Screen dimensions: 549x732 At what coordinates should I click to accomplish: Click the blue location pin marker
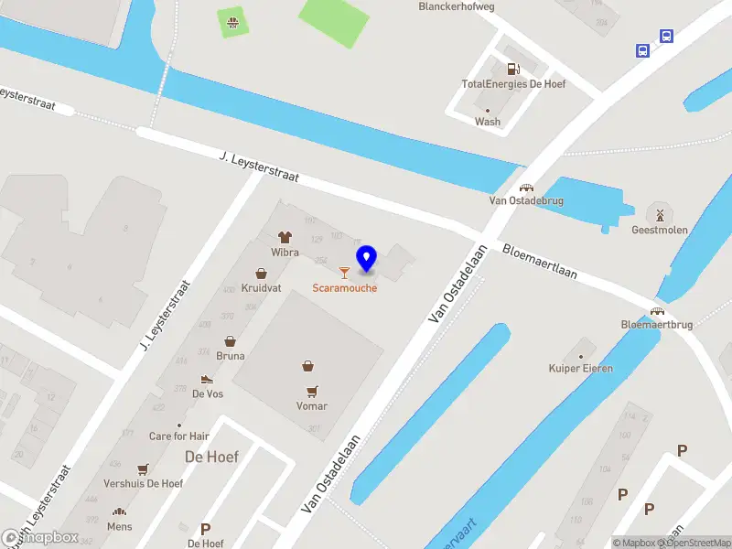point(366,258)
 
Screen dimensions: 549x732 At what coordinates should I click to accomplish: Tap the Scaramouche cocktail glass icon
point(344,272)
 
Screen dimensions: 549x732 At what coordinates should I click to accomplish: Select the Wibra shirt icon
point(285,236)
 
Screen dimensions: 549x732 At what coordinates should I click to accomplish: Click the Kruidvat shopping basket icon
point(262,273)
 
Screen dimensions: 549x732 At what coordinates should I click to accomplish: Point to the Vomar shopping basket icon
point(310,366)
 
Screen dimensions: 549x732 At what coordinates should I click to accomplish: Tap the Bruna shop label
point(231,356)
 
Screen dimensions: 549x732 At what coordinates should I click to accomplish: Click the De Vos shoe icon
point(208,379)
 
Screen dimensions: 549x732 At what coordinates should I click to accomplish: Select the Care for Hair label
point(179,436)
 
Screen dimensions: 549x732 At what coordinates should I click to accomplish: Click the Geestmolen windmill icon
point(659,214)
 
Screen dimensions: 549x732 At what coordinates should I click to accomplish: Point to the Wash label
point(487,122)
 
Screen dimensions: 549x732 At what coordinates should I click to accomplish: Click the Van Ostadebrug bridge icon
point(526,187)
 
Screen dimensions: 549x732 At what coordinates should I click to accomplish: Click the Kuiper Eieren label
point(580,368)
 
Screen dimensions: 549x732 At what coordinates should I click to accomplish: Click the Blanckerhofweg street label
point(456,5)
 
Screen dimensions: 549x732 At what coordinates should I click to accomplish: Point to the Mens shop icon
point(119,512)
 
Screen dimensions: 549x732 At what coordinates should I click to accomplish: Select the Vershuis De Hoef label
point(144,483)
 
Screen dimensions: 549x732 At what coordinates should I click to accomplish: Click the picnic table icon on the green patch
point(233,20)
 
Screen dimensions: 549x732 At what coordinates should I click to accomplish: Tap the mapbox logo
point(40,538)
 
